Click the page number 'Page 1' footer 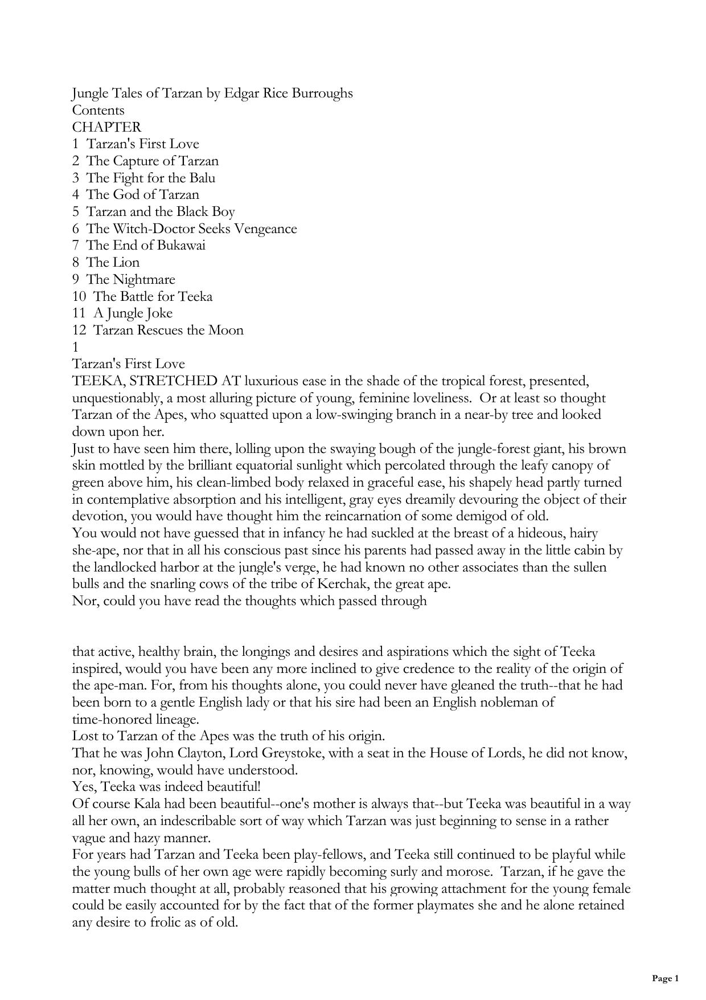[665, 979]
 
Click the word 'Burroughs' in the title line [322, 93]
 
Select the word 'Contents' [98, 111]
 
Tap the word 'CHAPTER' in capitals [106, 127]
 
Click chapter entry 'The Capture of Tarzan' [152, 161]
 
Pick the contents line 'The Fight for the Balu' [150, 178]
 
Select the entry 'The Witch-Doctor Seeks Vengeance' [191, 229]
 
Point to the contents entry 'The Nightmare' [130, 280]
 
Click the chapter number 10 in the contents [79, 297]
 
